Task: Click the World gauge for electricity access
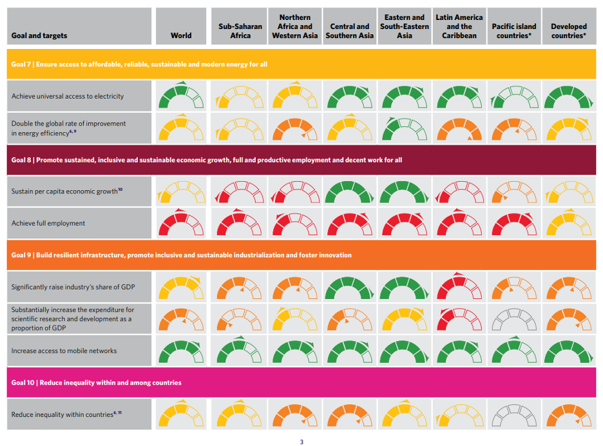click(181, 97)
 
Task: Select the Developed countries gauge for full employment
click(569, 224)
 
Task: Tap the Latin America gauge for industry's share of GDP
click(459, 287)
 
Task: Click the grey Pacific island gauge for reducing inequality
click(513, 414)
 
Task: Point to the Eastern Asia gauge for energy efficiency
click(404, 128)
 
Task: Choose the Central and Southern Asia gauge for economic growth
click(349, 191)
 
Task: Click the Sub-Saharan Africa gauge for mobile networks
click(240, 351)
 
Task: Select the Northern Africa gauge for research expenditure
click(295, 319)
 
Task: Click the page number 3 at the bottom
click(301, 441)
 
